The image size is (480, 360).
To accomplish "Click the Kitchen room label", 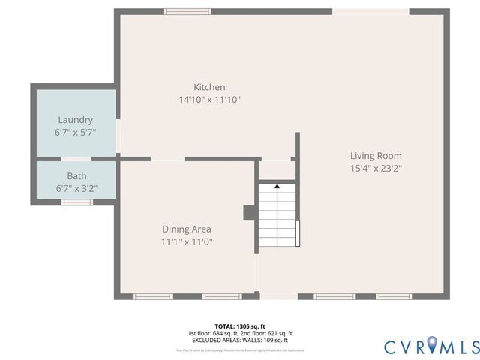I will pos(209,87).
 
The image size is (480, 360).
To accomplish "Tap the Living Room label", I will pos(376,156).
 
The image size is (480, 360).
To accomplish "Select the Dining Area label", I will pos(187,229).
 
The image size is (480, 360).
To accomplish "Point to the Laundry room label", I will pos(76,120).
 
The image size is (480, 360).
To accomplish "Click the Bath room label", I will pos(76,176).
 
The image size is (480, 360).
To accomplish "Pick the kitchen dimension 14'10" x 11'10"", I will pos(209,100).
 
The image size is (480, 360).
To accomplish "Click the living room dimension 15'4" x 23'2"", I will pos(376,169).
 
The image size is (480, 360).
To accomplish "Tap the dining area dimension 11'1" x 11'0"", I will pos(187,241).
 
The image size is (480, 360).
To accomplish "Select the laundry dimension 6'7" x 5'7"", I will pos(76,132).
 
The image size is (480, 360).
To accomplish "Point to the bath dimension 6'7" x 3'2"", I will pos(76,188).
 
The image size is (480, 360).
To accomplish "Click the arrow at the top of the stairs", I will pos(277,184).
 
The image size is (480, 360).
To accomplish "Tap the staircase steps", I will pos(277,217).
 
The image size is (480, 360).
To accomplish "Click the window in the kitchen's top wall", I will pos(187,11).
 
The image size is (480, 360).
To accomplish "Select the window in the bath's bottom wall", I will pos(76,202).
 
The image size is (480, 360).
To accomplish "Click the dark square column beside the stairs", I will pos(249,213).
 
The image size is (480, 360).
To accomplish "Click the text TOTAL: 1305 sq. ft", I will pos(240,326).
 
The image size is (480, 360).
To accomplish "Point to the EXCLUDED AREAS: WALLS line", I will pos(240,340).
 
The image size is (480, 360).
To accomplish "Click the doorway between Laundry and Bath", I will pos(76,159).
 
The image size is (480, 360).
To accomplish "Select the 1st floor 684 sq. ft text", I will pos(214,333).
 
